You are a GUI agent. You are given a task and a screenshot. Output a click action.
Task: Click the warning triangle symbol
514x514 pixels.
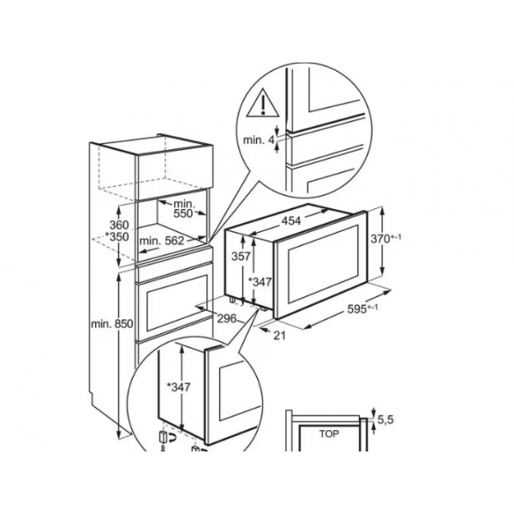(x=263, y=104)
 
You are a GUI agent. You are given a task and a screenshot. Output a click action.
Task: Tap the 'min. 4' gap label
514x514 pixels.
(x=259, y=140)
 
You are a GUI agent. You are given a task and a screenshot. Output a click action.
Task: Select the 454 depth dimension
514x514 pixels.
(x=291, y=221)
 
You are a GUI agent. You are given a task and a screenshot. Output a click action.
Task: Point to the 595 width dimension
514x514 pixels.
(x=362, y=308)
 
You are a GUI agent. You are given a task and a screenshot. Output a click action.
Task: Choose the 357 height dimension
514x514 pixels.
(x=241, y=256)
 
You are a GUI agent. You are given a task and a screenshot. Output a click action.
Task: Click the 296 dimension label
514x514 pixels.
(x=226, y=318)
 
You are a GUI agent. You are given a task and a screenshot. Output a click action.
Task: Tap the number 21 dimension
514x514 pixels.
(x=279, y=335)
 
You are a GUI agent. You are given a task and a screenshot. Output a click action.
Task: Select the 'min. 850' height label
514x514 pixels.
(x=112, y=324)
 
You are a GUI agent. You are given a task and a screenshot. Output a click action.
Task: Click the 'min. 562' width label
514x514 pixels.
(x=162, y=241)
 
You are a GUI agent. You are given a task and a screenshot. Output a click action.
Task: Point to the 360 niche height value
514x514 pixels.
(x=119, y=225)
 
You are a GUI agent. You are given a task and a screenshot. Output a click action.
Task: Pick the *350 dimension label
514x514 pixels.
(x=117, y=236)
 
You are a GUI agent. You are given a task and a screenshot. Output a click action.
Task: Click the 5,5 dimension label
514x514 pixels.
(x=385, y=420)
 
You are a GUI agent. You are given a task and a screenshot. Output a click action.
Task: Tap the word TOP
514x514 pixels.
(x=329, y=433)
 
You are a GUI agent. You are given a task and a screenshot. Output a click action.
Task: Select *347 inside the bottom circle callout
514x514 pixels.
(x=178, y=387)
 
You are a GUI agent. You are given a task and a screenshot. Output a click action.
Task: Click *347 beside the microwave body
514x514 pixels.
(x=260, y=281)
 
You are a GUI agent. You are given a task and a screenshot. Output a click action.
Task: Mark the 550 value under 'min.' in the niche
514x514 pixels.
(x=183, y=213)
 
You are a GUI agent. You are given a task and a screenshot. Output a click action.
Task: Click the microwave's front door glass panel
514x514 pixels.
(x=322, y=264)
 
